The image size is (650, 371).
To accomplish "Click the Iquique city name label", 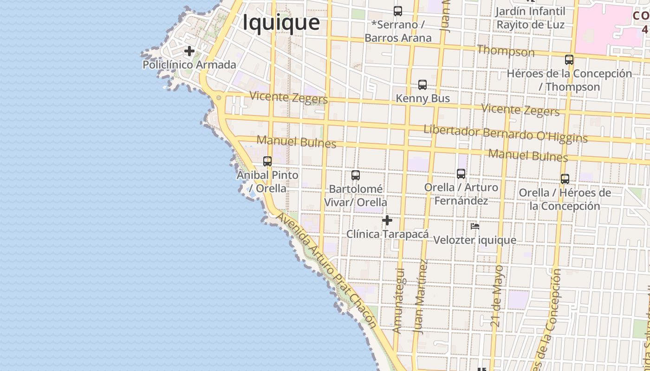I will coord(281,22).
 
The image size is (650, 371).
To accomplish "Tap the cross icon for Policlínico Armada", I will coord(189,51).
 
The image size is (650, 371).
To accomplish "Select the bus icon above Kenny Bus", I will coord(422,85).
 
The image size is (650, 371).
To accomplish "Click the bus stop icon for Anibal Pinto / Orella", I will coord(267,161).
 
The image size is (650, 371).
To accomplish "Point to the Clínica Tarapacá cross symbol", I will coord(387,220).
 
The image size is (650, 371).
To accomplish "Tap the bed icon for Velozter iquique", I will coord(474,226).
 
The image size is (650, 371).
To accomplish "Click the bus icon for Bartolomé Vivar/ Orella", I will coord(356,175).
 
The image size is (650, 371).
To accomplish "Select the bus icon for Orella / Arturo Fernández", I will coord(461,174).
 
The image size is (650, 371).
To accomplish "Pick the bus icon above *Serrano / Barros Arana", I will coord(398,11).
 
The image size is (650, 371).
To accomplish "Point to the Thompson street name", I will coord(506,51).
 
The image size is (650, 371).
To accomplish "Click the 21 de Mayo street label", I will coord(497,295).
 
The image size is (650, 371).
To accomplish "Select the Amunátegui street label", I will coord(398,300).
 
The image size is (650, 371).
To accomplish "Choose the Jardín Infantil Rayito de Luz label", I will coord(530,18).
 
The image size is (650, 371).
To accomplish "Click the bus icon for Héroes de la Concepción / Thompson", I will coord(569,60).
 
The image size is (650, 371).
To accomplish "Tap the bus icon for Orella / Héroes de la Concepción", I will coord(565,179).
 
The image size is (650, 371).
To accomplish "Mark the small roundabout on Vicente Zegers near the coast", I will coord(219,97).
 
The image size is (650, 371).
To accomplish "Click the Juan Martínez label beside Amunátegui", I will coord(421,297).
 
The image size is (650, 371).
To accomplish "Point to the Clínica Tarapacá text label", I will coord(387,234).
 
